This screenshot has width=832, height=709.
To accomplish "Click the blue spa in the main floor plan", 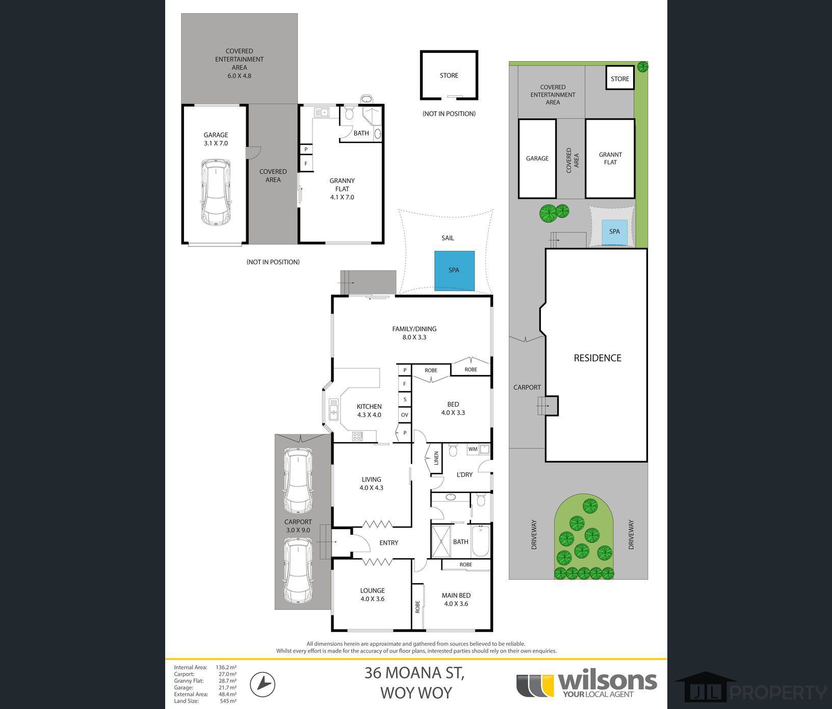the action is click(x=454, y=270).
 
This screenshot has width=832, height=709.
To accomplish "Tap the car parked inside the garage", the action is click(x=216, y=193).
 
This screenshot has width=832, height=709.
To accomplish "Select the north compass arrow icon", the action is click(x=263, y=684).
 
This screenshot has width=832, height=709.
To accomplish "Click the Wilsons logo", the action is click(x=586, y=684).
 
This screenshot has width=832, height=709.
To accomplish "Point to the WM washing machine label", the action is click(x=473, y=449).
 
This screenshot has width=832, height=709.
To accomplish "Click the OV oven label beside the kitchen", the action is click(x=405, y=415).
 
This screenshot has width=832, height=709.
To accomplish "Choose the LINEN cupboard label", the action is click(x=436, y=458).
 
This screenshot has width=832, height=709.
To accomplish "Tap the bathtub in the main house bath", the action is click(x=481, y=541).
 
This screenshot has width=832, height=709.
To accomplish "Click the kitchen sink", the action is click(x=333, y=410).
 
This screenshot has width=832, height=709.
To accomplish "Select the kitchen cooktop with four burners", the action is click(x=357, y=437).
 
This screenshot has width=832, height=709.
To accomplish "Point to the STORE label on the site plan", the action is click(x=620, y=79).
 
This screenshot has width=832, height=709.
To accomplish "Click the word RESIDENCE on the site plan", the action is click(x=597, y=358).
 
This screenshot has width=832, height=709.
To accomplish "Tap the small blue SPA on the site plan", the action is click(x=615, y=232).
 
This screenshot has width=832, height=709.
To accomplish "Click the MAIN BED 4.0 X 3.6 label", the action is click(x=456, y=599).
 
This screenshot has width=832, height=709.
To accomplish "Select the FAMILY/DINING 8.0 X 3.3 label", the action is click(x=414, y=333).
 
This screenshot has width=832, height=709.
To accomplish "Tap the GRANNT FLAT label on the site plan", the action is click(x=610, y=158).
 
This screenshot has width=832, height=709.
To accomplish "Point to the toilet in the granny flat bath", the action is click(x=349, y=114).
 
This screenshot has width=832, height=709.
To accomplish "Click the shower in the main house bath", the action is click(x=441, y=541).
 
